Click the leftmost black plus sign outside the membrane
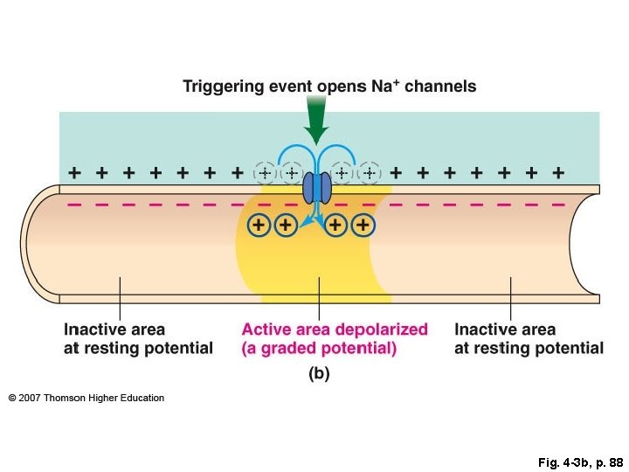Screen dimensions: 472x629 pyautogui.click(x=75, y=173)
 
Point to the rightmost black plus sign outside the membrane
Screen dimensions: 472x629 pyautogui.click(x=557, y=173)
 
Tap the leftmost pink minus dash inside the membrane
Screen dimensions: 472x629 pyautogui.click(x=74, y=205)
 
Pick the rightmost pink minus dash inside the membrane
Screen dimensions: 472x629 pyautogui.click(x=557, y=205)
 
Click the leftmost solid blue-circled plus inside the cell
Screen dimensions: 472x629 pyautogui.click(x=259, y=226)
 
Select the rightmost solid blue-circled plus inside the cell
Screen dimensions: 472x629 pyautogui.click(x=363, y=226)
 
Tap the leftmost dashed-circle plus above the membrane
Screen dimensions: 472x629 pyautogui.click(x=265, y=173)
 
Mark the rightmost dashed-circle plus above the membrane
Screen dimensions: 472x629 pyautogui.click(x=370, y=173)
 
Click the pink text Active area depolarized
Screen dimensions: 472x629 pyautogui.click(x=335, y=330)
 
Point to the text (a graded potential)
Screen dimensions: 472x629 pyautogui.click(x=319, y=348)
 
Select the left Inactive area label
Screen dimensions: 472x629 pyautogui.click(x=114, y=330)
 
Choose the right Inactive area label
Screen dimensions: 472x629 pyautogui.click(x=505, y=330)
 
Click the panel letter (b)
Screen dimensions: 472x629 pyautogui.click(x=319, y=373)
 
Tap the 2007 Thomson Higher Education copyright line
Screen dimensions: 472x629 pyautogui.click(x=86, y=398)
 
